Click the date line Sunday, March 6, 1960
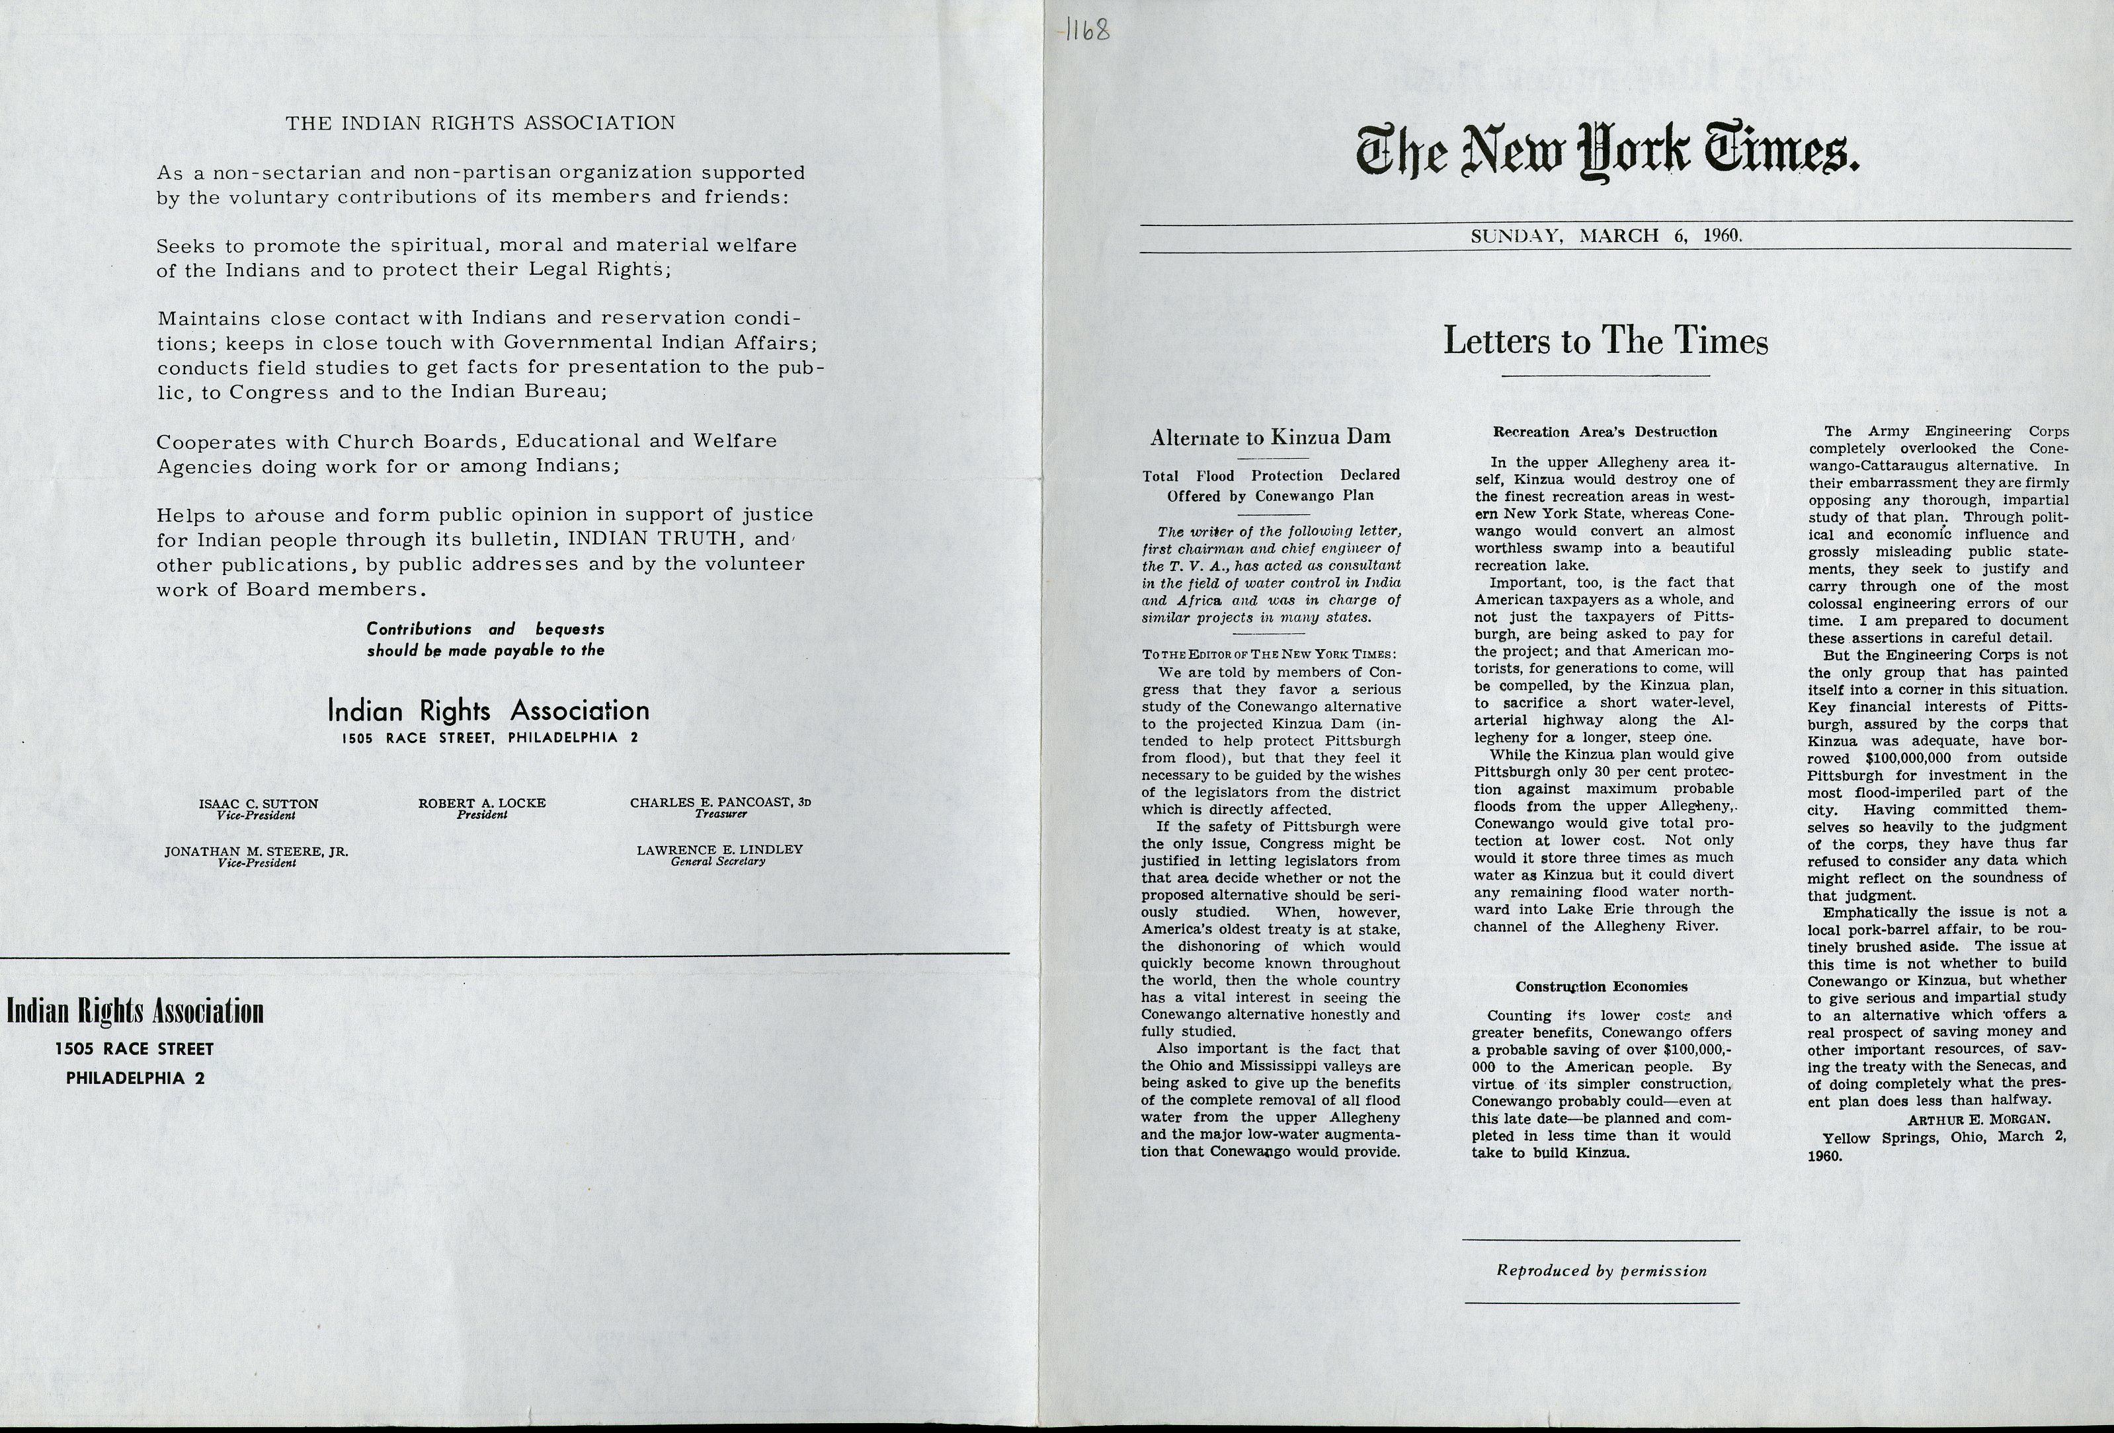[1606, 235]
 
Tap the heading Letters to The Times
[1606, 341]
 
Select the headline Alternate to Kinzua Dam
[1270, 438]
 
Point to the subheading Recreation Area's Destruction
[1605, 433]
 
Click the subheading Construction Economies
[1601, 987]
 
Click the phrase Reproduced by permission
[1601, 1271]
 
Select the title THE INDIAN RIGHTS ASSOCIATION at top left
[480, 123]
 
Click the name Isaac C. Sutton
[259, 804]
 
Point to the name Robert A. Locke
[482, 803]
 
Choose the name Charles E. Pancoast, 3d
[719, 803]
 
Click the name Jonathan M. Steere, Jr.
[257, 851]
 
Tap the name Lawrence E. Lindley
[719, 849]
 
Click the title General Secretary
[717, 862]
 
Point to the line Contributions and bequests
[485, 629]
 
